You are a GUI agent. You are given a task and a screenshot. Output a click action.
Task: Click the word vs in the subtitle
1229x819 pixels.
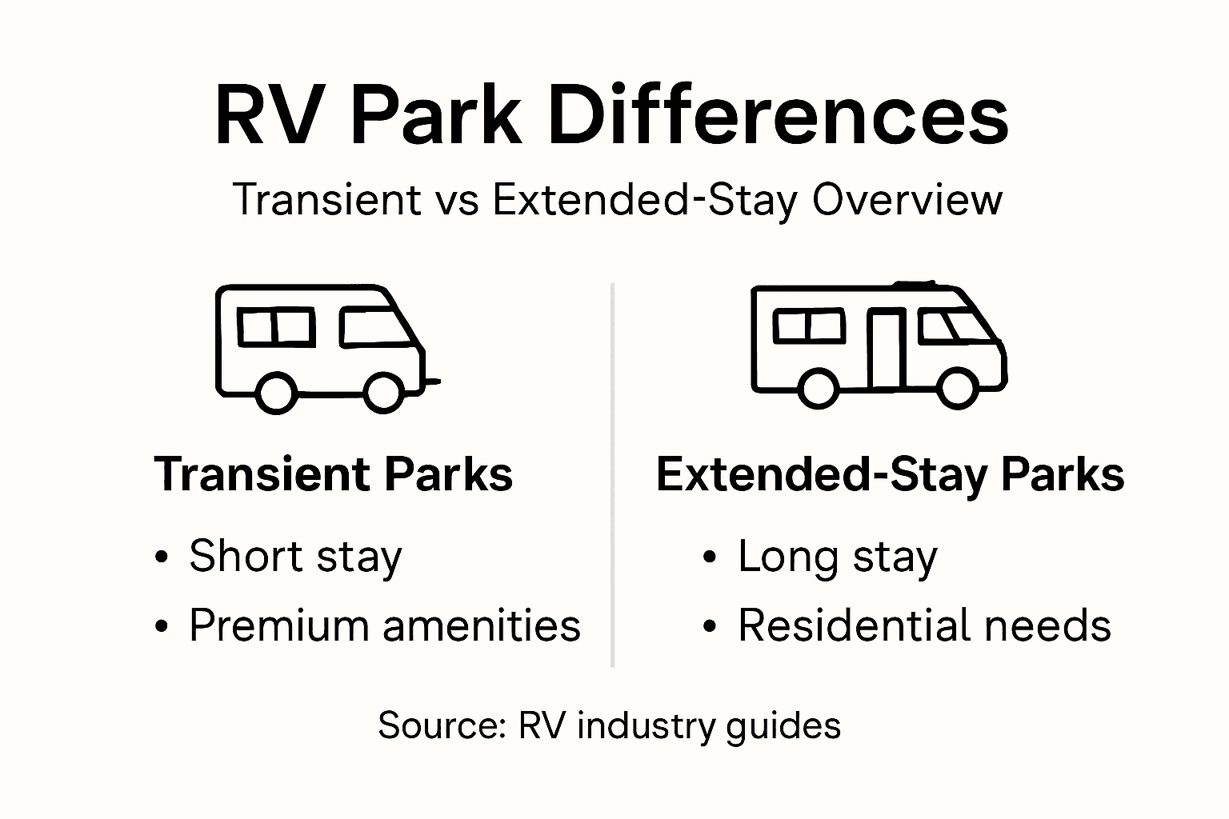[457, 200]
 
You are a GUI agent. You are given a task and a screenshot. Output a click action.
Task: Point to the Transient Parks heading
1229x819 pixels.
[333, 474]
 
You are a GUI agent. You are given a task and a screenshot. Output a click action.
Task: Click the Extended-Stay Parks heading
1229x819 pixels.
[890, 474]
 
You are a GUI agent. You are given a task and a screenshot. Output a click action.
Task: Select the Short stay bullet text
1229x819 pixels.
[295, 557]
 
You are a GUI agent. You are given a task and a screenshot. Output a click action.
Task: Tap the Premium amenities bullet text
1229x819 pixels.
[384, 625]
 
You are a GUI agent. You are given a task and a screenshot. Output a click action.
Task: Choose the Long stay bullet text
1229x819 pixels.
[837, 557]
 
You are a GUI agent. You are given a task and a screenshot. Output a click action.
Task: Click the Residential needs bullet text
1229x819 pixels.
[924, 625]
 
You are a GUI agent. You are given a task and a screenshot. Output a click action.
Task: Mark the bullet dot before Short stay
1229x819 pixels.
[162, 557]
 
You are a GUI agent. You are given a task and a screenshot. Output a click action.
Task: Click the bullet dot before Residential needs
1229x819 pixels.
[709, 626]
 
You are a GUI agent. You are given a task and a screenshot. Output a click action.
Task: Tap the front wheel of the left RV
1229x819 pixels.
[383, 391]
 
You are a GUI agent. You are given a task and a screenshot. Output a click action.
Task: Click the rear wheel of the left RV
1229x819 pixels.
[276, 391]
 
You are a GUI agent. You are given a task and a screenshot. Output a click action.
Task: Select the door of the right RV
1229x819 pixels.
[887, 349]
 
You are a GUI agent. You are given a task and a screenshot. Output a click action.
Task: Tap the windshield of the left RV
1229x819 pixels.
[373, 327]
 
